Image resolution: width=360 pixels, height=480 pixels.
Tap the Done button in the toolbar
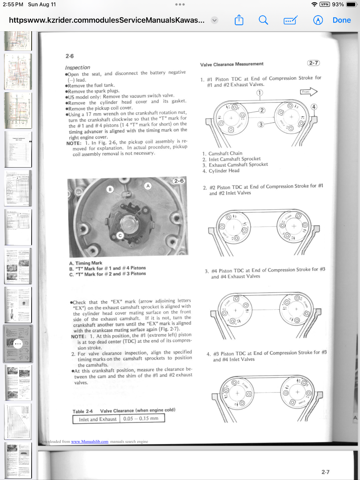[342, 20]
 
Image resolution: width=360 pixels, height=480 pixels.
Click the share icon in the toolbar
[239, 20]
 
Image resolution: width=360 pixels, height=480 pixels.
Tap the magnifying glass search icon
[263, 20]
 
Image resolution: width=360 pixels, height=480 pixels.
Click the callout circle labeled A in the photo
[148, 186]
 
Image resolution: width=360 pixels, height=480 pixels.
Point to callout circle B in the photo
[110, 189]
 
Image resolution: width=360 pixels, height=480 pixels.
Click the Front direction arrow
[309, 92]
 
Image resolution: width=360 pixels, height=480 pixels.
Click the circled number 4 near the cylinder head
[314, 107]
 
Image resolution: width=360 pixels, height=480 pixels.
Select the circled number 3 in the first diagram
[260, 124]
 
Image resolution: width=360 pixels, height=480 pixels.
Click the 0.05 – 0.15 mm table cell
[141, 418]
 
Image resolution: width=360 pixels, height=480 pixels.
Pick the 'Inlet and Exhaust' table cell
[98, 419]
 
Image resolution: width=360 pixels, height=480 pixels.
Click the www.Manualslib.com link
[90, 442]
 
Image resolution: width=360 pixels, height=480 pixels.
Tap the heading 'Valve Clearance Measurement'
[232, 64]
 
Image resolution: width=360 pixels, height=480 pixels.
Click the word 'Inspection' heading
[78, 68]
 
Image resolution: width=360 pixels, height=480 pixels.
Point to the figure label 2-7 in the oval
[314, 62]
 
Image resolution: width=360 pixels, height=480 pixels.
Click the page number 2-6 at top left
[70, 56]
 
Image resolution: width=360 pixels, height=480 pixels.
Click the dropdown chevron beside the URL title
[215, 20]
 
